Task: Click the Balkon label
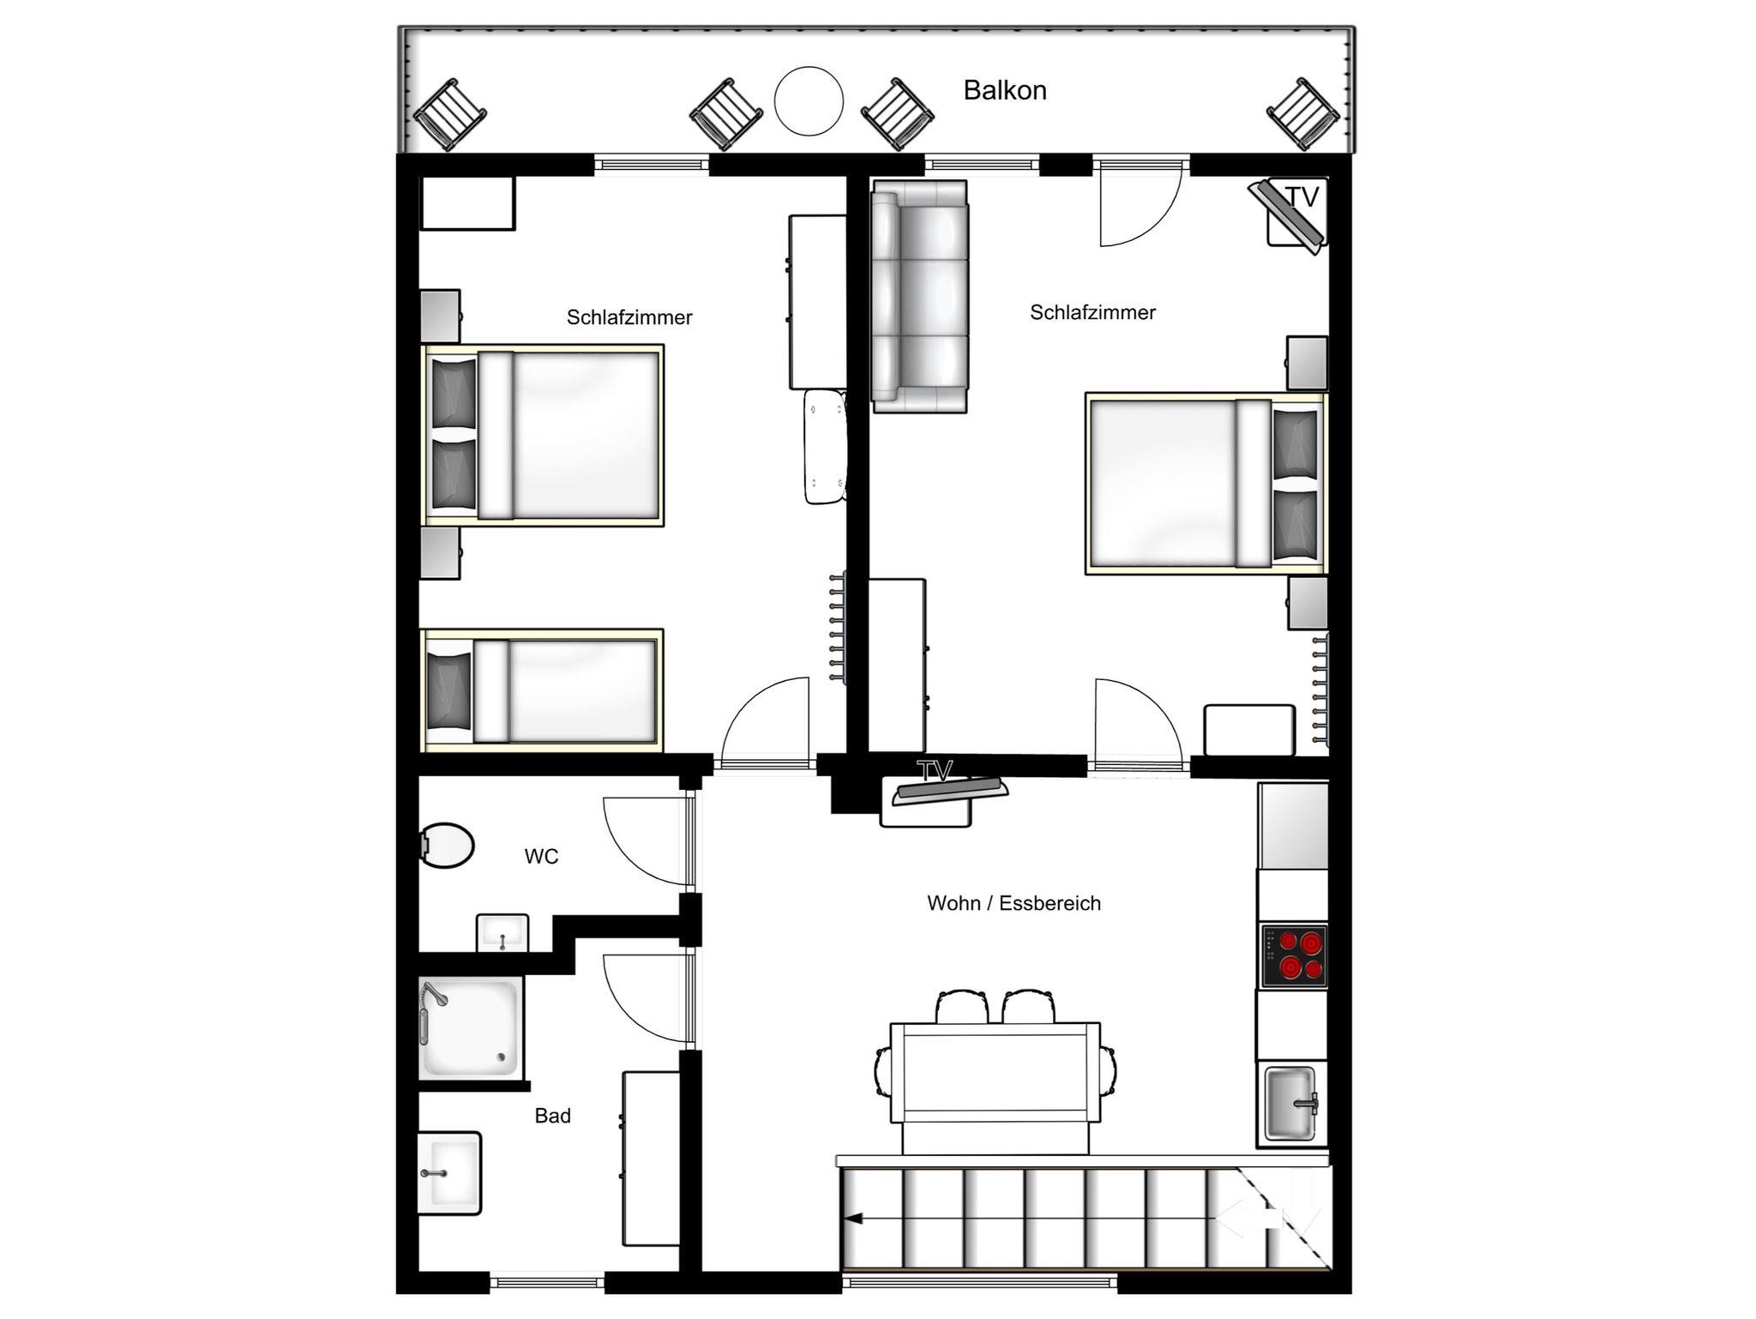click(1005, 90)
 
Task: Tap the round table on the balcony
click(809, 101)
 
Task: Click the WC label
click(541, 856)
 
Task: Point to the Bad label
click(552, 1116)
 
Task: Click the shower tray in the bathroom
click(471, 1028)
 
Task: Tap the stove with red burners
click(1293, 955)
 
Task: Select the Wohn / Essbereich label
click(1013, 903)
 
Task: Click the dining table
click(995, 1072)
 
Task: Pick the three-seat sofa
click(919, 297)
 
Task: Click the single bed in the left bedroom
click(542, 690)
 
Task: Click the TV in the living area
click(949, 790)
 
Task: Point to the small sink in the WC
click(502, 932)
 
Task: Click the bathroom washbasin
click(449, 1173)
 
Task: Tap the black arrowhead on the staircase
click(851, 1217)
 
